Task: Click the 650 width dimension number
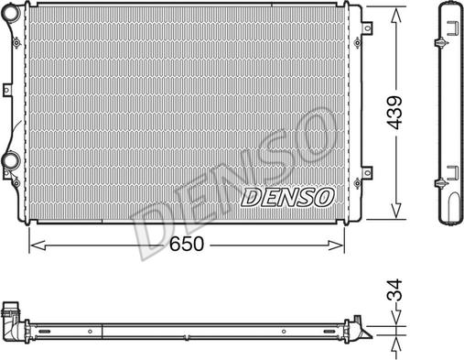pos(186,244)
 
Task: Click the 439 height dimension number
pos(394,113)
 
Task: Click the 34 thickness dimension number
pos(394,290)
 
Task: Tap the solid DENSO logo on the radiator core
pos(287,197)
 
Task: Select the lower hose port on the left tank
pos(12,160)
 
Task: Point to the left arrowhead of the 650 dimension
pos(38,245)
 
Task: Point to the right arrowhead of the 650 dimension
pos(335,245)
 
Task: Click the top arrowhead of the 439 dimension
pos(396,16)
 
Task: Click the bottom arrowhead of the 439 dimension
pos(396,211)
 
